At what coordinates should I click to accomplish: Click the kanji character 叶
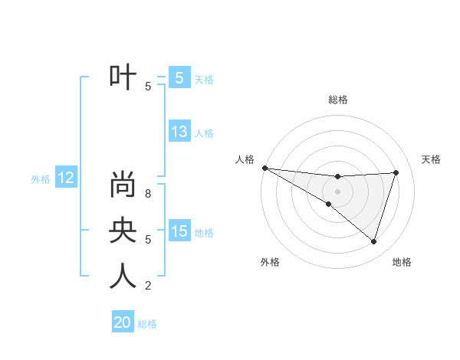123,77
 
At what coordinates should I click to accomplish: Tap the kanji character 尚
123,185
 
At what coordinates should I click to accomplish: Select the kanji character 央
123,230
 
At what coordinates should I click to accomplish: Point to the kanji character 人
123,275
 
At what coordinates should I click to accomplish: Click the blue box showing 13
179,132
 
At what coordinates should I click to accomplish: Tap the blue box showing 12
66,178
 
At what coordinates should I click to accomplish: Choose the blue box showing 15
179,231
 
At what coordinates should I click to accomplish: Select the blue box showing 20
123,322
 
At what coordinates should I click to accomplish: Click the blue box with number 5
179,77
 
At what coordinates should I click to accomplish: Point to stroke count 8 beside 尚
148,194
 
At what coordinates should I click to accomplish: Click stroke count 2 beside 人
148,286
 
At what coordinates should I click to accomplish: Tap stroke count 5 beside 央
148,240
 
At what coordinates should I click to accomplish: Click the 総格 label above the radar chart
338,100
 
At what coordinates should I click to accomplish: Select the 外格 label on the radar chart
270,263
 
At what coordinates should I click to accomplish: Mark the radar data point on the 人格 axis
264,168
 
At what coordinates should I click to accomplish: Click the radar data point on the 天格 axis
396,172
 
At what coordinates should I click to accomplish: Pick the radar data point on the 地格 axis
373,241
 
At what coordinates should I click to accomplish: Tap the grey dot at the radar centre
337,191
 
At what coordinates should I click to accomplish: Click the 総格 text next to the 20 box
147,324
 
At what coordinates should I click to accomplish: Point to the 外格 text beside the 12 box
41,179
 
